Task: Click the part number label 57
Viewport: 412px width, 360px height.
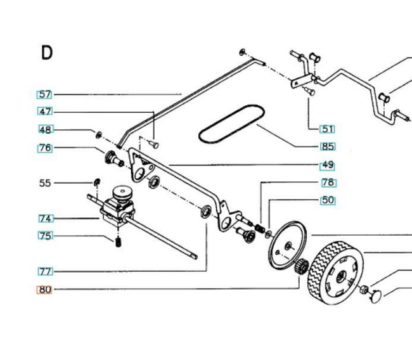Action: pos(44,94)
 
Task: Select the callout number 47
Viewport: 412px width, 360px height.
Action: pos(45,112)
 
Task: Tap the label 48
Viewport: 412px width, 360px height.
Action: pos(46,129)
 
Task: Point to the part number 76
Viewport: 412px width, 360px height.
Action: pos(45,148)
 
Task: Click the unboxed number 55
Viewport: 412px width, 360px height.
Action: pos(45,183)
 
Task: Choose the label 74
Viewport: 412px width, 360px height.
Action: pos(46,219)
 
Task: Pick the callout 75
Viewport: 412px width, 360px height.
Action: pos(46,236)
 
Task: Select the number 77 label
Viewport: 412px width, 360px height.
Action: pos(46,271)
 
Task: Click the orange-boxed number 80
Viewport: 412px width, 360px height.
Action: pos(44,290)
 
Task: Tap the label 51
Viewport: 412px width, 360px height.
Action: pos(328,129)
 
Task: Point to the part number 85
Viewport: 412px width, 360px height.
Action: pos(328,146)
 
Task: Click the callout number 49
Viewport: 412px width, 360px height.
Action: pos(328,165)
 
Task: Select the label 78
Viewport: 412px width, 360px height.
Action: pos(329,183)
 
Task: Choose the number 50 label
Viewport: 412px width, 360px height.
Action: pos(328,200)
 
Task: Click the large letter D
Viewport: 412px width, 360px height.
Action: pos(47,53)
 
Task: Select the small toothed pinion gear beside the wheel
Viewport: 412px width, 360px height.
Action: pos(302,266)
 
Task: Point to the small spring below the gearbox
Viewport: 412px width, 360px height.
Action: pos(119,242)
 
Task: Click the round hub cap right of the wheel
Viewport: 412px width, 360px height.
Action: pos(375,297)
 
